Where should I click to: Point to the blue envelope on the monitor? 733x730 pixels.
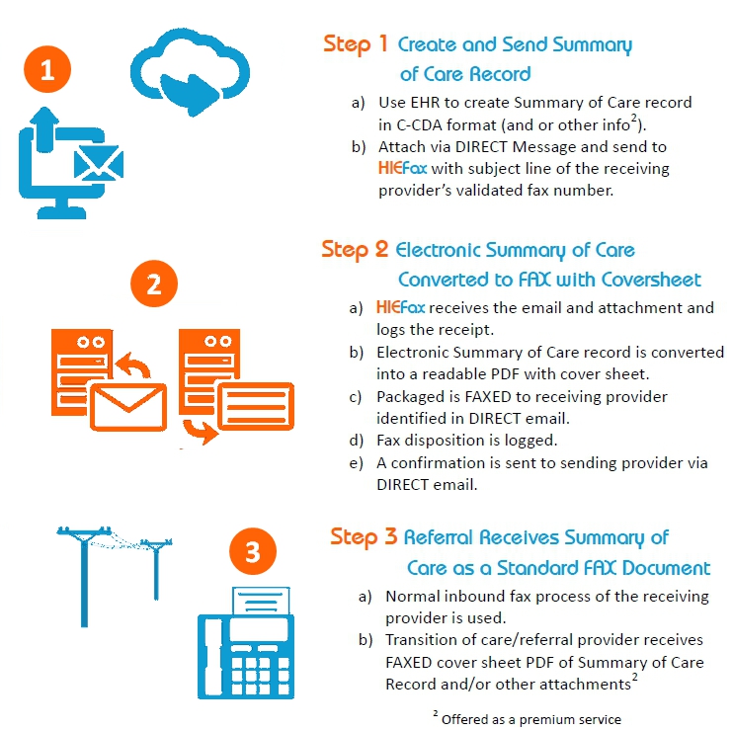tap(96, 162)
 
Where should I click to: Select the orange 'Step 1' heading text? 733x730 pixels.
tap(355, 43)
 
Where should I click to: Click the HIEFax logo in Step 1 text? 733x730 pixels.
tap(402, 168)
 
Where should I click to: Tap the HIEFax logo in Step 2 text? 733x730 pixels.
tap(400, 307)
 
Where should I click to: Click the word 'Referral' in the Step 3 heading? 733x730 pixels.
tap(440, 537)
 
